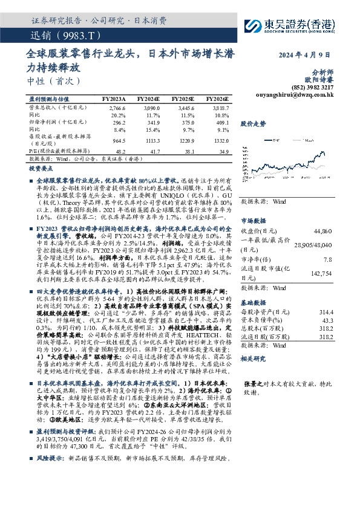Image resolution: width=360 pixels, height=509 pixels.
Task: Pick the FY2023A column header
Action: pyautogui.click(x=114, y=98)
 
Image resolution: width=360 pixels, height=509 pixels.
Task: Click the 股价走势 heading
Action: pyautogui.click(x=253, y=123)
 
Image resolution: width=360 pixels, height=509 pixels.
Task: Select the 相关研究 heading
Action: pyautogui.click(x=253, y=358)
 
